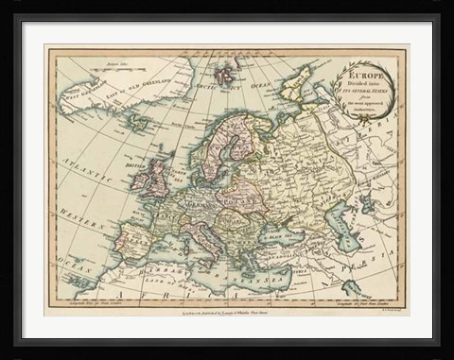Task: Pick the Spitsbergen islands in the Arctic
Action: [x=224, y=73]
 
